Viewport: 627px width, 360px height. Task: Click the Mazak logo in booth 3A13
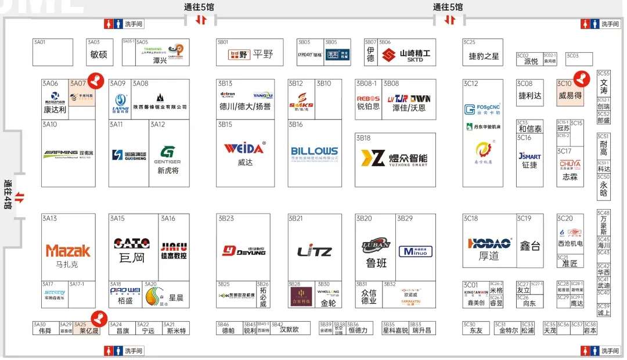pos(69,251)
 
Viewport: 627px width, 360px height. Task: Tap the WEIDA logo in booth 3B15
pos(244,148)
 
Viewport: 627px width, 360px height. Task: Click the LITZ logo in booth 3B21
pos(314,251)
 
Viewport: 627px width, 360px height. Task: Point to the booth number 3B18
pos(363,138)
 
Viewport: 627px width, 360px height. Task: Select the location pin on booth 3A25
pos(99,318)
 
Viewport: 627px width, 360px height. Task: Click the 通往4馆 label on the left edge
pos(8,198)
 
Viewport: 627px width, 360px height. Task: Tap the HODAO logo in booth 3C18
pos(489,243)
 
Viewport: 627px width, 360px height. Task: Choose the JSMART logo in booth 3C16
pos(529,156)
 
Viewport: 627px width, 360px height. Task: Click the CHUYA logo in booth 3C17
pos(570,164)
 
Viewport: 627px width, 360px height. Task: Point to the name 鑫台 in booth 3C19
pos(529,246)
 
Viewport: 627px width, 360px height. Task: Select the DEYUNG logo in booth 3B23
pos(244,250)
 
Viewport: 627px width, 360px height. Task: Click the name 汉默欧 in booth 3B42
pos(289,330)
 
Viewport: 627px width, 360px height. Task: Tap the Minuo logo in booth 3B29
pos(415,252)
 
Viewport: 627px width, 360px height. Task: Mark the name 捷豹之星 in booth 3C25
pos(484,56)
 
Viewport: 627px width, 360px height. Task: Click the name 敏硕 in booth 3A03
pos(99,55)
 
